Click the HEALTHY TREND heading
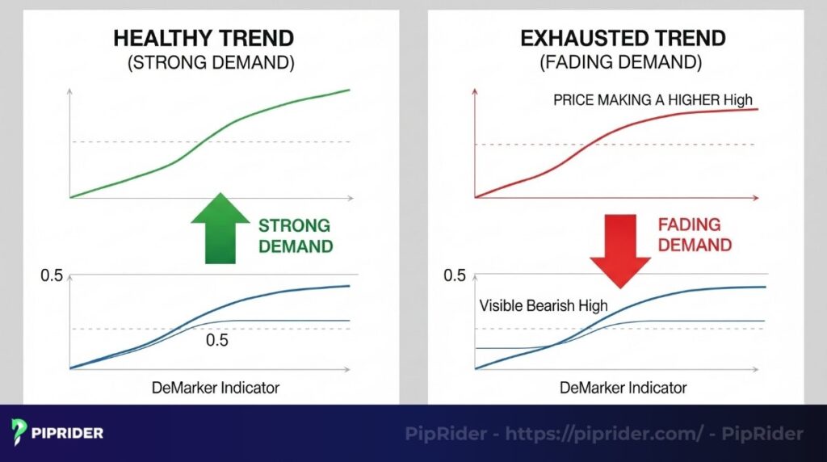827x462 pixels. pos(204,39)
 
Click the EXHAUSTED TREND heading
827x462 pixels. pos(623,39)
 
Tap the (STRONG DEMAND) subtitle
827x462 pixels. pos(211,63)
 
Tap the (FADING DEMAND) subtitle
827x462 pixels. pos(621,62)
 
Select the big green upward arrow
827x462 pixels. pos(220,229)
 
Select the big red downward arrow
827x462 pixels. pos(620,250)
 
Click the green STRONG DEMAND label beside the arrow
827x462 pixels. pos(296,236)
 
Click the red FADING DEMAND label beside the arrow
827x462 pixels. pos(695,235)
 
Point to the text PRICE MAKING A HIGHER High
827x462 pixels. pos(653,99)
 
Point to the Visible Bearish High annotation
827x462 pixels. pos(544,305)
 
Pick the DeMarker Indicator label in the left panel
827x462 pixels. pos(215,388)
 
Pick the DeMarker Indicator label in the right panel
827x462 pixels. pos(623,388)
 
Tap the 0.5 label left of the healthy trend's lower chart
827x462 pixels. pos(52,275)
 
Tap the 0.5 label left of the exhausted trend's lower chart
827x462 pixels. pos(455,275)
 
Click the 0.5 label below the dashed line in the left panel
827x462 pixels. pos(216,340)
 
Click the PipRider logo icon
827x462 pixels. pos(19,432)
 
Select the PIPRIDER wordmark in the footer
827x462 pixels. pos(67,433)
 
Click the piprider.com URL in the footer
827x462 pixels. pos(604,434)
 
